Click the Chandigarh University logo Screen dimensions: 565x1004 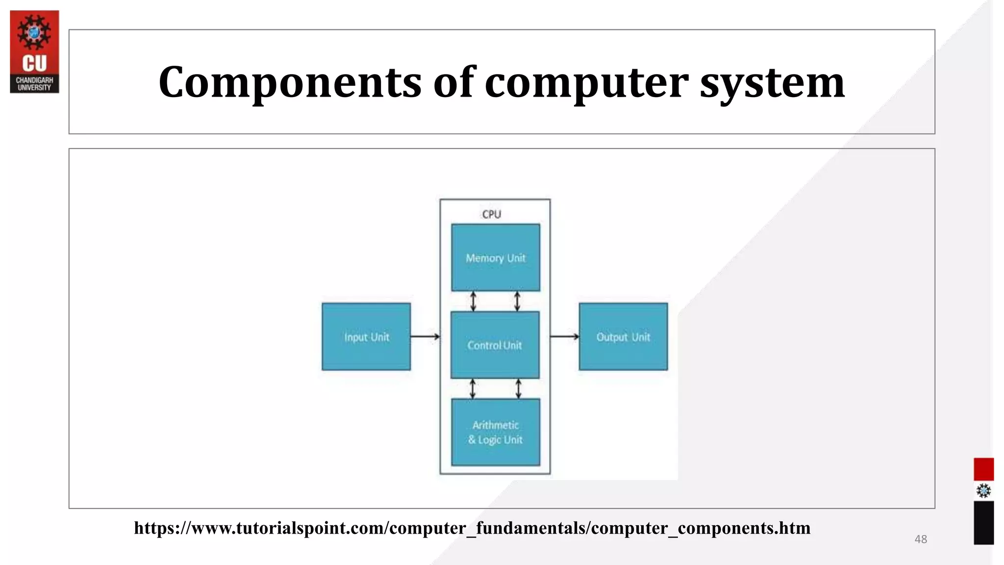point(34,51)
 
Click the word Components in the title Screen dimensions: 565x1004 point(290,82)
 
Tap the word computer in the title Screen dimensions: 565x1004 point(586,82)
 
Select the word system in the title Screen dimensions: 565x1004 point(772,82)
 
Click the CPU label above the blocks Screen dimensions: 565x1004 point(491,214)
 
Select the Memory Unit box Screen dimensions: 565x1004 point(495,257)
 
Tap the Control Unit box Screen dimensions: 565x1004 point(495,345)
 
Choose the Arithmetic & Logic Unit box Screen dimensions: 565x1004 point(495,432)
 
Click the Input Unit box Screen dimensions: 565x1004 point(366,336)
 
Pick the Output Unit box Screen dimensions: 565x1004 point(623,336)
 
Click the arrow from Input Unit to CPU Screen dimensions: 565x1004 point(425,336)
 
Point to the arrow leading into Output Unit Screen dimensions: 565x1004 point(564,336)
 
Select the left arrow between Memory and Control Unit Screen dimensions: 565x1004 point(473,301)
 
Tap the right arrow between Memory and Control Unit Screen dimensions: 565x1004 point(517,301)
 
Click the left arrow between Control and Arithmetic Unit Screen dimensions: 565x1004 point(473,388)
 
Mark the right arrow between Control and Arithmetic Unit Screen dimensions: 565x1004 point(519,388)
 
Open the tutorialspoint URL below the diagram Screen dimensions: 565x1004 point(472,528)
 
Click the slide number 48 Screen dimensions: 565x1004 point(921,539)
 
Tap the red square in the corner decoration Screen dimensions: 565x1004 point(983,469)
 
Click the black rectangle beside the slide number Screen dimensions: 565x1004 point(983,522)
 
